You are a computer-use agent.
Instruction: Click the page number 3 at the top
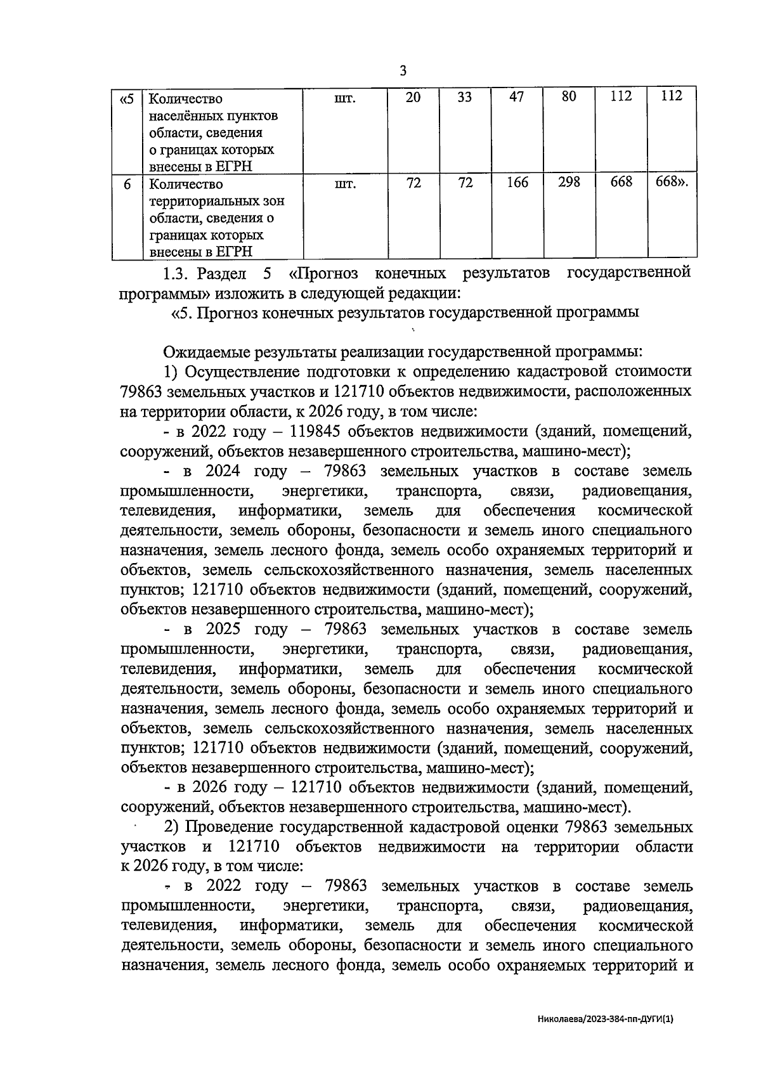(x=403, y=71)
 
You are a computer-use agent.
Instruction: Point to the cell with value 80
(x=568, y=98)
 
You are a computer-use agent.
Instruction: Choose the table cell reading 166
(x=517, y=184)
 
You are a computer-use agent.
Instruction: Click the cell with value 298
(x=569, y=183)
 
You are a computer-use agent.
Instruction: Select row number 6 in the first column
(x=127, y=185)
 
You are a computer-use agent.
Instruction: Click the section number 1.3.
(x=175, y=274)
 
